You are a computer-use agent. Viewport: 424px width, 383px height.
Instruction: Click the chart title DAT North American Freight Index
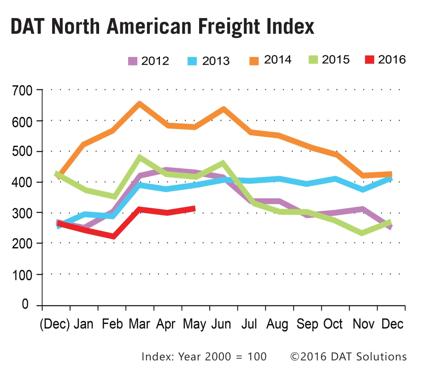[x=162, y=27]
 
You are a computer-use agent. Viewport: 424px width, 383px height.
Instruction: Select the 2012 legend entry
[x=148, y=61]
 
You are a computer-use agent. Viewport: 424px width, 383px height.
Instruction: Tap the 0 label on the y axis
[x=26, y=305]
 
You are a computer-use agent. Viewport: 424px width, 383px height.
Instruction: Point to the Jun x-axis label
[x=221, y=324]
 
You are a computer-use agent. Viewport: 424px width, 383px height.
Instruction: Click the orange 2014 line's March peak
[x=139, y=104]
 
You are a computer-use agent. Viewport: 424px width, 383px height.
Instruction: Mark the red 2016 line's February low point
[x=112, y=237]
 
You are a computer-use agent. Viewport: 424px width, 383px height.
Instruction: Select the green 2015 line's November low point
[x=362, y=233]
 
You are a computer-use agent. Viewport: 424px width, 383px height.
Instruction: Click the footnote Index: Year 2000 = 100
[x=204, y=356]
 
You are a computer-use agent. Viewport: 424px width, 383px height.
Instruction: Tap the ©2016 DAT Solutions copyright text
[x=348, y=356]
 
